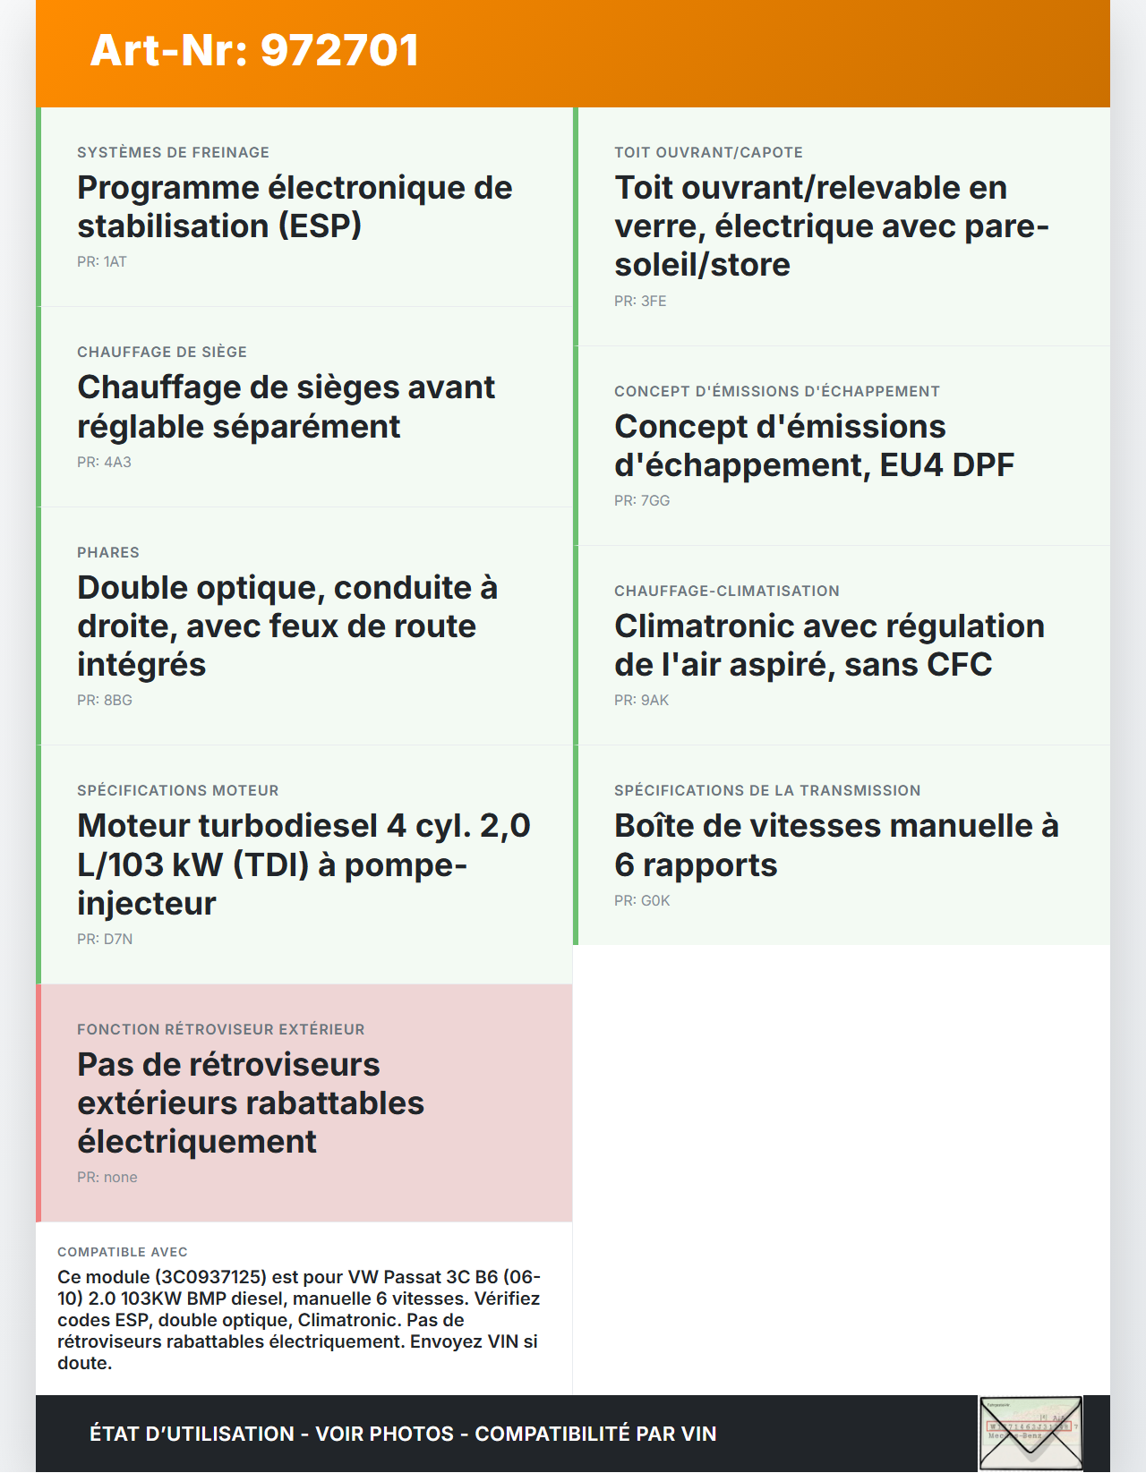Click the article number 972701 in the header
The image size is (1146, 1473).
coord(340,51)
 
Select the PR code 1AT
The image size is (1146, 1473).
coord(115,262)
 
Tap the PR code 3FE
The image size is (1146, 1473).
coord(654,302)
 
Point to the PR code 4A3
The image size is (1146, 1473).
coord(117,463)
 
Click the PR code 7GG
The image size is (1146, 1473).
coord(655,501)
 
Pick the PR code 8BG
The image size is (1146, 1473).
coord(118,701)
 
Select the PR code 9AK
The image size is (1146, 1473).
coord(654,701)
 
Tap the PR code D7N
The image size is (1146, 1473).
coord(118,940)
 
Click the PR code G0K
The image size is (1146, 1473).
coord(655,901)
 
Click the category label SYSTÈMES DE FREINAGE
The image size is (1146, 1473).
coord(173,153)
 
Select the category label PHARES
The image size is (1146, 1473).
coord(108,553)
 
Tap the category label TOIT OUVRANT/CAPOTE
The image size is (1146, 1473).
coord(708,153)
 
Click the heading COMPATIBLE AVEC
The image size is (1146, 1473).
coord(123,1252)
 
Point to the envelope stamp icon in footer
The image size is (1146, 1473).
coord(1031,1433)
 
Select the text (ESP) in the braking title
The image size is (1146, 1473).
coord(320,226)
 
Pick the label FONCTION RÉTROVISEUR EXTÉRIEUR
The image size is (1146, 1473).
coord(221,1030)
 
